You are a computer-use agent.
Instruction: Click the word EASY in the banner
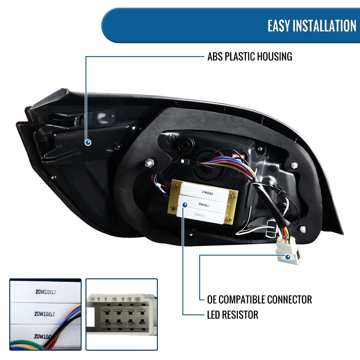coord(278,25)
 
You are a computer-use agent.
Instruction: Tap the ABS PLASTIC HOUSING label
coord(250,56)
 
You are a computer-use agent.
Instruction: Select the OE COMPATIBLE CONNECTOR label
coord(259,299)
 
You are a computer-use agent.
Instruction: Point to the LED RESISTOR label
coord(232,315)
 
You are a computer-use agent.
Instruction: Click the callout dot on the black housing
coord(88,142)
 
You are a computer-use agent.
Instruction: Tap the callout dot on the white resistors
coord(185,205)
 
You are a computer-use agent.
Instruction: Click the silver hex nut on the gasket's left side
coord(148,163)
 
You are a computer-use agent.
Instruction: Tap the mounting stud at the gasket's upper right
coord(294,165)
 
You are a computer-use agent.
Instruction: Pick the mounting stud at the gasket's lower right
coord(303,229)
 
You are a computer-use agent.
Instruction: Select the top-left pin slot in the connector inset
coord(105,311)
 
